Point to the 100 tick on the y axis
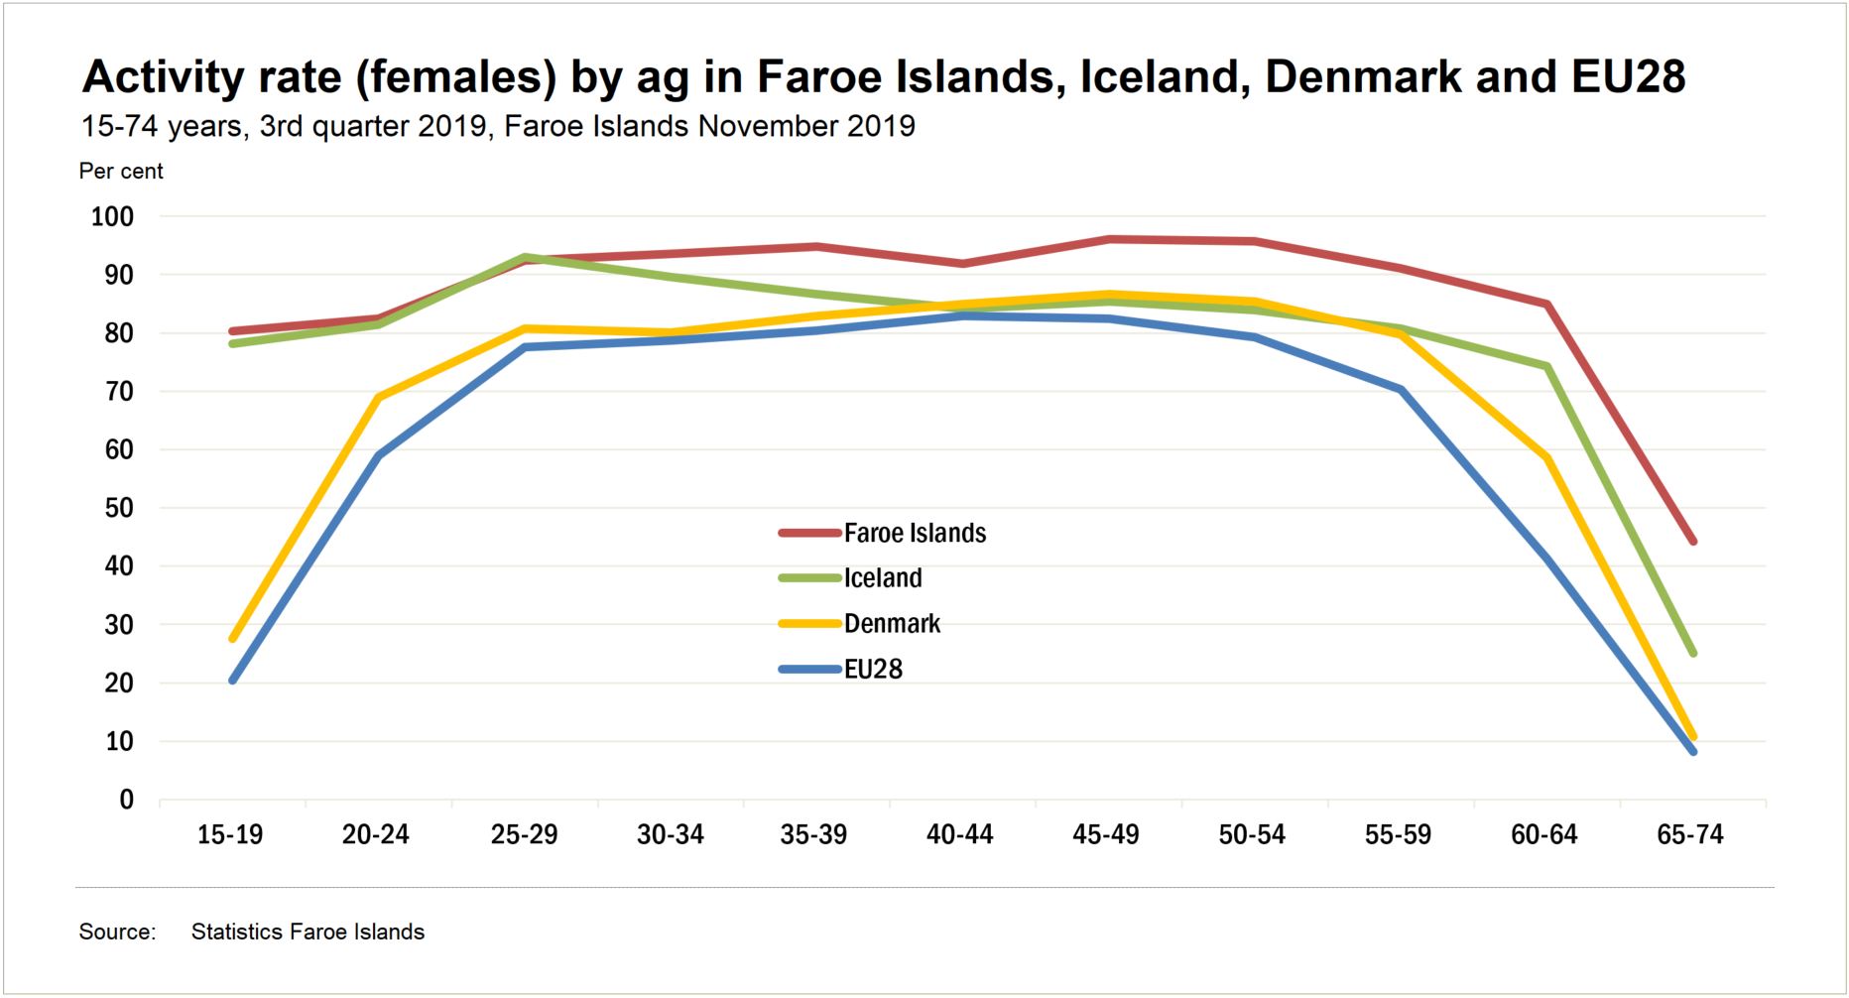tap(112, 216)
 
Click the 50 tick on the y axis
tap(119, 508)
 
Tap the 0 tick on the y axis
tap(126, 800)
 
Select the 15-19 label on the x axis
tap(230, 834)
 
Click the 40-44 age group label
tap(959, 834)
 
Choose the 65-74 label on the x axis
tap(1689, 834)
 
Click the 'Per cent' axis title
tap(121, 171)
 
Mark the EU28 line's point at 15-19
tap(232, 681)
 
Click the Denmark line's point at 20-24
tap(378, 397)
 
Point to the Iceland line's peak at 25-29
tap(525, 257)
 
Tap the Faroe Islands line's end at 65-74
tap(1692, 542)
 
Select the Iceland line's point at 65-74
tap(1692, 653)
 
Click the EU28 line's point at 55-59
tap(1401, 390)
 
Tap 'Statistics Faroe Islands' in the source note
tap(308, 932)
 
